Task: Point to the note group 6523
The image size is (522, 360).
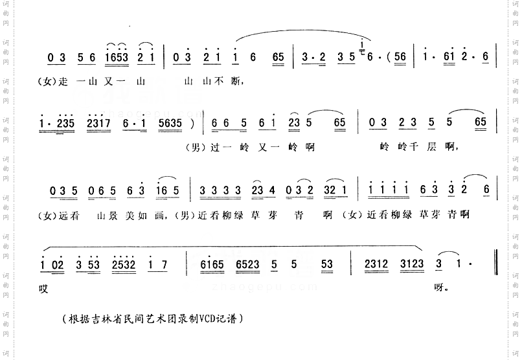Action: click(x=251, y=264)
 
